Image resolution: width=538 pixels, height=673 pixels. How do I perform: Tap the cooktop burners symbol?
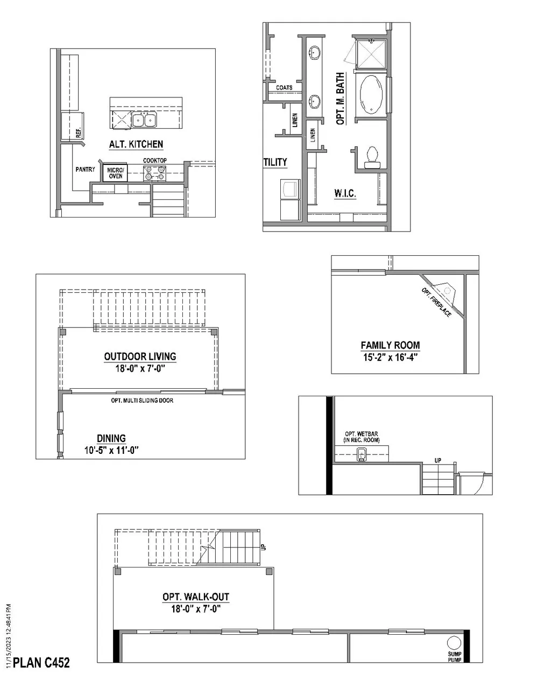click(154, 173)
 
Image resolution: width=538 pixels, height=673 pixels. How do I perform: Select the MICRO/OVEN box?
click(115, 173)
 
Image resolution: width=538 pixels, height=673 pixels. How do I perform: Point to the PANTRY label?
click(85, 170)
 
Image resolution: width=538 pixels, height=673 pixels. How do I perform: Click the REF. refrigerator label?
click(79, 132)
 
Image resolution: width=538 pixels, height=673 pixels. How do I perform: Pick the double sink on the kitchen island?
click(144, 120)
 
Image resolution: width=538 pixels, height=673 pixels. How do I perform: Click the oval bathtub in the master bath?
click(371, 95)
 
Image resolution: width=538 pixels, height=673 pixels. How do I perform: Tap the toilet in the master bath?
click(372, 155)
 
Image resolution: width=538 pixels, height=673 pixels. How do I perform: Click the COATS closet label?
click(284, 88)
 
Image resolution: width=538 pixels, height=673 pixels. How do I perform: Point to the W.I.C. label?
click(344, 193)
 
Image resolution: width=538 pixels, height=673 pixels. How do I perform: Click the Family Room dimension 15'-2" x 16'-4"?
click(390, 356)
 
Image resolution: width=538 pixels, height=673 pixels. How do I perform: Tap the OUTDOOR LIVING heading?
click(140, 356)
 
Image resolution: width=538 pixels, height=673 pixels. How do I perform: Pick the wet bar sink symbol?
click(362, 455)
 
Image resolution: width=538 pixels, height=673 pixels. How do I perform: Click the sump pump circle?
click(454, 643)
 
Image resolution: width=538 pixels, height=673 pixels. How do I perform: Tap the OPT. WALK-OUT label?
click(196, 597)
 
